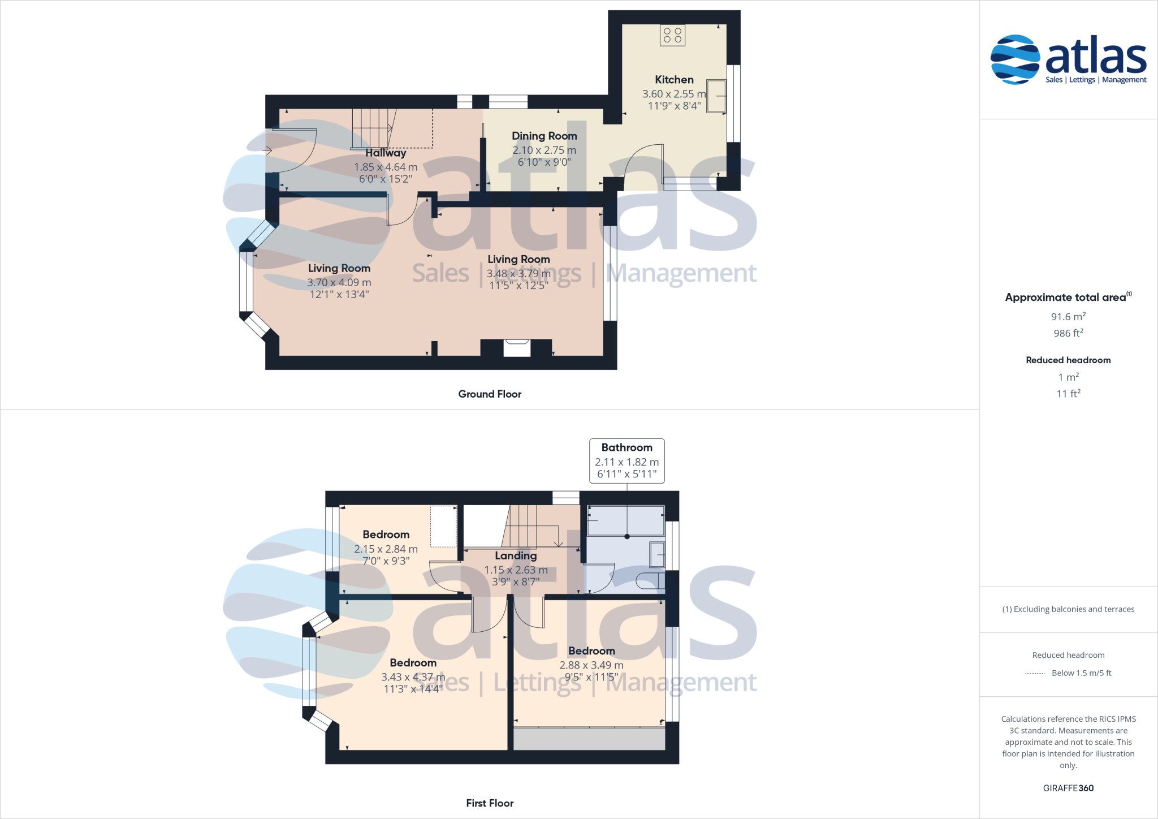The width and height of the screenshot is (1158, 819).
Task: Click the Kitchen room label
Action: coord(674,80)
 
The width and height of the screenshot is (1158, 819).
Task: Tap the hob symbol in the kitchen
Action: coord(672,35)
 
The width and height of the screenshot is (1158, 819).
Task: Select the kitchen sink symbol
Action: coord(716,96)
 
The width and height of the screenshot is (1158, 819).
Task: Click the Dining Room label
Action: coord(544,136)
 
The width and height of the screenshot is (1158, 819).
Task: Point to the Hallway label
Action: coord(386,153)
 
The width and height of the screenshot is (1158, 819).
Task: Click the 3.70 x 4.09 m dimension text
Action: coord(339,282)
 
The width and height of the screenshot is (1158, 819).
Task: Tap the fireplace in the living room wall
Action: coord(516,347)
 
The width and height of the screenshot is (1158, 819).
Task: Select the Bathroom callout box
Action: coord(626,460)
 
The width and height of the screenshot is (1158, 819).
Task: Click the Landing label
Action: coord(516,555)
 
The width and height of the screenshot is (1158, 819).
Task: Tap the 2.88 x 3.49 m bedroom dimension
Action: coord(591,665)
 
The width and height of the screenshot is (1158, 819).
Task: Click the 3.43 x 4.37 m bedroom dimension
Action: coord(413,677)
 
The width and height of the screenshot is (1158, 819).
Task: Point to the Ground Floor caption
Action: coord(490,394)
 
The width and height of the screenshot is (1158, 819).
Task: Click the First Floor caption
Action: coord(490,803)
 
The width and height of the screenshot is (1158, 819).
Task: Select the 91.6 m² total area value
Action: coord(1068,317)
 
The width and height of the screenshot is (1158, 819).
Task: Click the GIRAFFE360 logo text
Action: coord(1068,788)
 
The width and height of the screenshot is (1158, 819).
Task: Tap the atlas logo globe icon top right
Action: coord(1015,59)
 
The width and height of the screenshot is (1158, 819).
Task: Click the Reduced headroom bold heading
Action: coord(1068,360)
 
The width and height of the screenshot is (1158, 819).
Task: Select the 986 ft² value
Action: coord(1068,333)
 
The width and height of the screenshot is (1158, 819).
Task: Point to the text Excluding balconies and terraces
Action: coord(1068,609)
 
